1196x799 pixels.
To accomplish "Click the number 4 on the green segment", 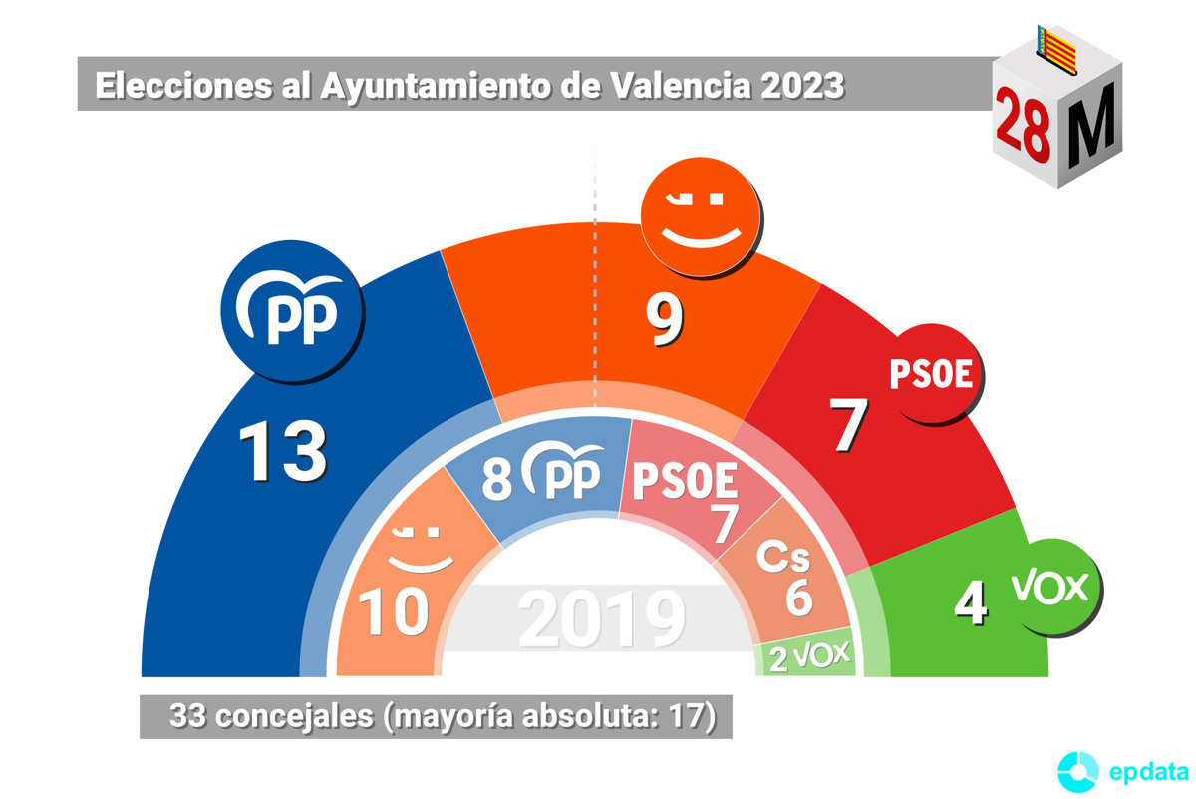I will (971, 601).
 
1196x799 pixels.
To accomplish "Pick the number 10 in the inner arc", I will (394, 612).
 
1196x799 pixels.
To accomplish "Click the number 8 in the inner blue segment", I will (496, 479).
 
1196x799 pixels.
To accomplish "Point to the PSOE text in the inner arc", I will (686, 483).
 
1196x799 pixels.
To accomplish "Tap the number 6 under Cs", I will (798, 597).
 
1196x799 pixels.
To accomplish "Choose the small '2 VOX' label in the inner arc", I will (808, 655).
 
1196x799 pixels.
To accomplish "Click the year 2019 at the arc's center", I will (602, 619).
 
